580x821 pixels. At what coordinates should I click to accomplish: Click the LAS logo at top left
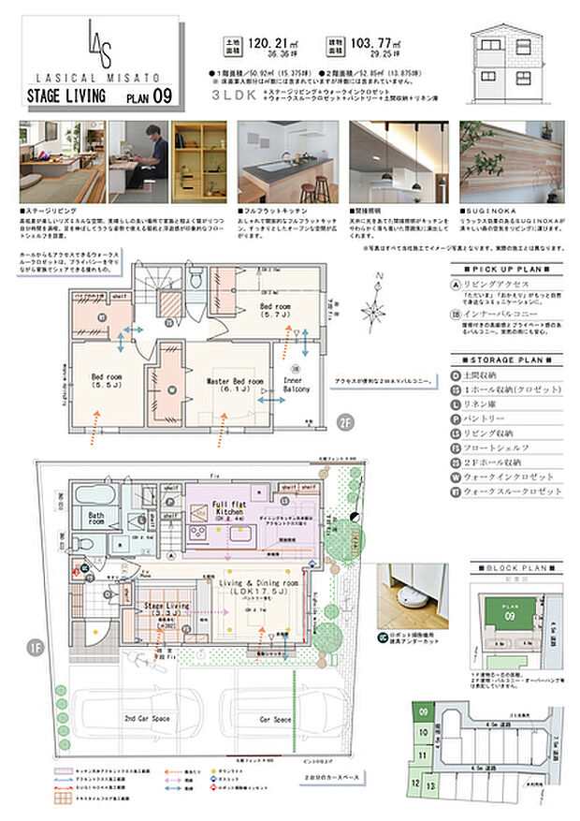click(x=99, y=42)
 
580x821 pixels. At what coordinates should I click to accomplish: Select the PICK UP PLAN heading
click(x=507, y=267)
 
